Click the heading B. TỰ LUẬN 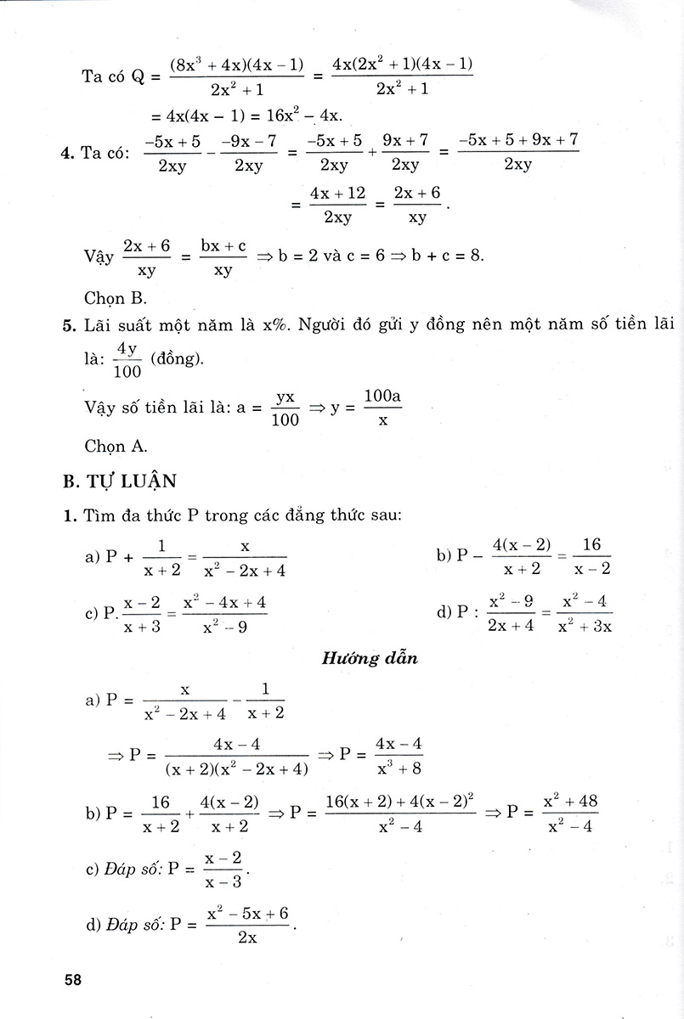pyautogui.click(x=120, y=481)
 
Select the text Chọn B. pyautogui.click(x=116, y=298)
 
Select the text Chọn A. pyautogui.click(x=116, y=445)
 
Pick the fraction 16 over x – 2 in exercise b pyautogui.click(x=591, y=557)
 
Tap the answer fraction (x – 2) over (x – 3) pyautogui.click(x=223, y=870)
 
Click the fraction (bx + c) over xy pyautogui.click(x=223, y=257)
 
